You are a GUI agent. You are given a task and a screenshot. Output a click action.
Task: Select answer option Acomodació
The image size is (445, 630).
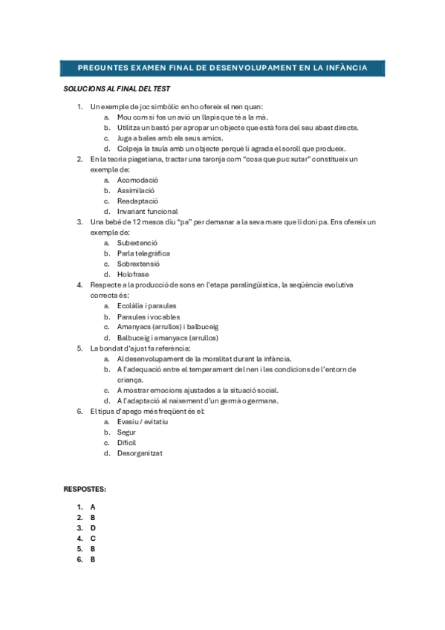[x=137, y=180]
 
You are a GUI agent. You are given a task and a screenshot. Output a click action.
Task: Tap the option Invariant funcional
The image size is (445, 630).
[x=147, y=211]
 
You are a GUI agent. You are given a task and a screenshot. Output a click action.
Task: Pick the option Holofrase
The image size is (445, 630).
[x=133, y=274]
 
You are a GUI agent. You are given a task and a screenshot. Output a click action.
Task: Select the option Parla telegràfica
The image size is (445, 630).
[x=143, y=253]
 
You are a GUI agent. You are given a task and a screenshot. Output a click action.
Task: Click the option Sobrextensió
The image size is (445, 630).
[x=138, y=264]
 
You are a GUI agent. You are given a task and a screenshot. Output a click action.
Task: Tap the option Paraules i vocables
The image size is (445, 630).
[x=148, y=316]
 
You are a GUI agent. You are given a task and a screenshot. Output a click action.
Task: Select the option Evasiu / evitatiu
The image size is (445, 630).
[x=143, y=421]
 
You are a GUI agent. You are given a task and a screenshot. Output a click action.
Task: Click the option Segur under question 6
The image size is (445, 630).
[x=126, y=432]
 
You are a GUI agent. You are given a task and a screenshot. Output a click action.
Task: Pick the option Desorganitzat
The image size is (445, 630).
[x=140, y=453]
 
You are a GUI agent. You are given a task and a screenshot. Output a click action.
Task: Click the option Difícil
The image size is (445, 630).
[x=127, y=442]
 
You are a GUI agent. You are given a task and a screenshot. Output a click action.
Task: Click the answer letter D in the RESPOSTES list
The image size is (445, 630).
[x=93, y=527]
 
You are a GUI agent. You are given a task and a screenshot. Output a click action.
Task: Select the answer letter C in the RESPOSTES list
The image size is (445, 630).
[x=93, y=538]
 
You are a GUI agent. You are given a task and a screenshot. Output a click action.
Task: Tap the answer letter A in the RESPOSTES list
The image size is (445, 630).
[x=93, y=507]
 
